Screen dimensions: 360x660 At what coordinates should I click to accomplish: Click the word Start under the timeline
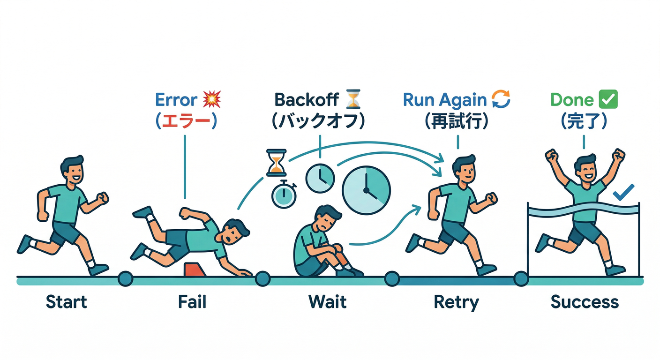[x=67, y=302]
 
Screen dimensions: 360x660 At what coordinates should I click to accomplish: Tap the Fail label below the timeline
[x=192, y=302]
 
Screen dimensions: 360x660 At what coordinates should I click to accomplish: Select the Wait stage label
[x=328, y=302]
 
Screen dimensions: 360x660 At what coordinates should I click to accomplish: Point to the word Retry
[x=456, y=302]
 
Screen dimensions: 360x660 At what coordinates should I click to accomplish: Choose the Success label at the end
[x=585, y=302]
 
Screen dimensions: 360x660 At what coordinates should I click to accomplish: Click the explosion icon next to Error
[x=212, y=100]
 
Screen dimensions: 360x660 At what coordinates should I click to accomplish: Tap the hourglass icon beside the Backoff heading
[x=352, y=99]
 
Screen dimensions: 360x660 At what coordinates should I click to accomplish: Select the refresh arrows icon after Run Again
[x=500, y=99]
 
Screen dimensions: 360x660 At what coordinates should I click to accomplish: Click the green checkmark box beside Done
[x=608, y=99]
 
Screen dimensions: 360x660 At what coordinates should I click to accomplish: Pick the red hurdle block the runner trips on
[x=193, y=270]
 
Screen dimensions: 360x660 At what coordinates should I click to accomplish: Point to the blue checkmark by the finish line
[x=623, y=192]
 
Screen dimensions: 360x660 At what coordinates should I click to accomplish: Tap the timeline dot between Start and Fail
[x=126, y=279]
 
